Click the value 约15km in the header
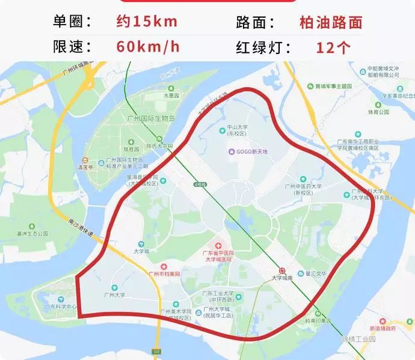pos(147,22)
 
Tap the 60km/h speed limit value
pos(147,47)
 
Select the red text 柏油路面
pos(331,22)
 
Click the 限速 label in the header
pos(73,47)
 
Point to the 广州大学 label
pos(114,295)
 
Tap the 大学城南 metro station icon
pos(282,270)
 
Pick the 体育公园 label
pos(378,112)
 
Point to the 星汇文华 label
pos(315,273)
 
